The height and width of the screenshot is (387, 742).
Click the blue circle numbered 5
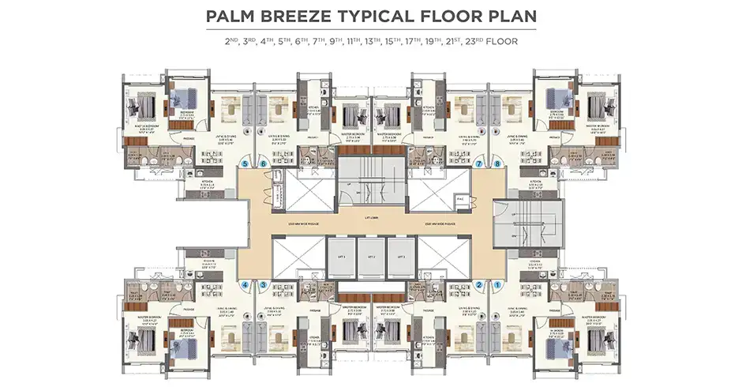click(x=246, y=164)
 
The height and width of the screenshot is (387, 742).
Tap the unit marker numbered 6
click(x=264, y=164)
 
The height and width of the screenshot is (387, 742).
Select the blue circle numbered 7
click(x=479, y=164)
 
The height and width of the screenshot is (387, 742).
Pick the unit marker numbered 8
click(x=497, y=164)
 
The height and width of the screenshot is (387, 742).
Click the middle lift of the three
click(x=371, y=257)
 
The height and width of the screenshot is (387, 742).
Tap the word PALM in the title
click(x=232, y=16)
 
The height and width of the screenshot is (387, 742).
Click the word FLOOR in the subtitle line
click(x=501, y=41)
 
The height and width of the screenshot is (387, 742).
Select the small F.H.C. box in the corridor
click(x=460, y=199)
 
